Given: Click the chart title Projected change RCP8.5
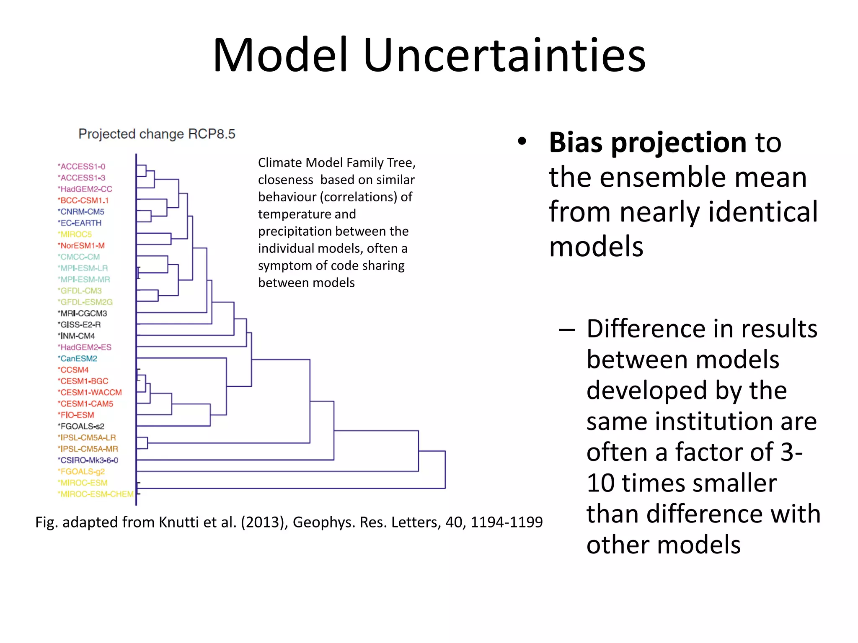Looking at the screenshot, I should [x=157, y=134].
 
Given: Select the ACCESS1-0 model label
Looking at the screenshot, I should [x=82, y=167].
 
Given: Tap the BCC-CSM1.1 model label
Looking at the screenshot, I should [x=84, y=201].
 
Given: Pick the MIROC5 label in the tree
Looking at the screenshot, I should [x=75, y=234].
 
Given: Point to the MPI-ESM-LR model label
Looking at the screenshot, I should [x=83, y=268].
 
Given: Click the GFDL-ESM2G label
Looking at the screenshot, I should [x=86, y=302].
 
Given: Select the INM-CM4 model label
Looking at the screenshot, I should [x=77, y=336].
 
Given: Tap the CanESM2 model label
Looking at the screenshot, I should [x=78, y=359].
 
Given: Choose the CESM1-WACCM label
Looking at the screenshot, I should [x=90, y=393].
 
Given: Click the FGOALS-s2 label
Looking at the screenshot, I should [x=82, y=427].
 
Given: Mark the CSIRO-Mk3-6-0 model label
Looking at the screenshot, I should [x=89, y=460].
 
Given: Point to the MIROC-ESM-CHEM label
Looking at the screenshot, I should [x=96, y=494].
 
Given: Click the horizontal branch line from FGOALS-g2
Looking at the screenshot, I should [x=277, y=471].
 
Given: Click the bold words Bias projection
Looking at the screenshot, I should [x=648, y=142].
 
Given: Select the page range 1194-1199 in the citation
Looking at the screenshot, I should [x=507, y=522].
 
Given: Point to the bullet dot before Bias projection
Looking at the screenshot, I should [x=522, y=141].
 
